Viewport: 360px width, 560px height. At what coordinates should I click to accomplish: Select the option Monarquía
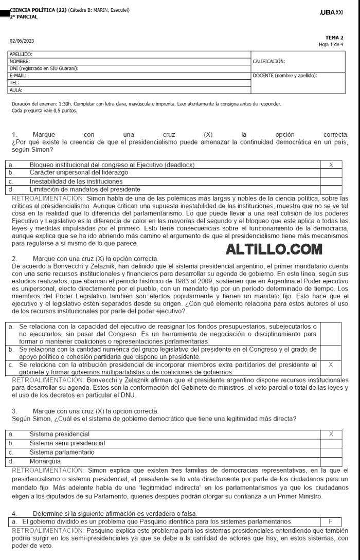(46, 460)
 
